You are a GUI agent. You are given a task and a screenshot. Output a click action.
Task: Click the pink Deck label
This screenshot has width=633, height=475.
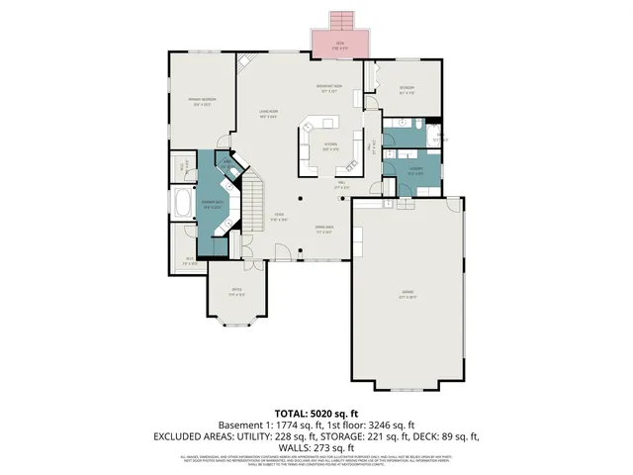click(339, 45)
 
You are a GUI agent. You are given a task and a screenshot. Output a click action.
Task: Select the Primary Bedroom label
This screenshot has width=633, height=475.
click(203, 101)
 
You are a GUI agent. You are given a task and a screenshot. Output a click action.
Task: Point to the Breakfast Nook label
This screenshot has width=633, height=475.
click(328, 90)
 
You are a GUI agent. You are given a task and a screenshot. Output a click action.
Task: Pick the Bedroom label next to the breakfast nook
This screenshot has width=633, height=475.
click(406, 90)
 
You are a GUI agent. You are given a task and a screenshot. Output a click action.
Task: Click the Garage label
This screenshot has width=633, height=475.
click(407, 294)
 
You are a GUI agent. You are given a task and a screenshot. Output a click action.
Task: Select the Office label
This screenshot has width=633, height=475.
click(234, 293)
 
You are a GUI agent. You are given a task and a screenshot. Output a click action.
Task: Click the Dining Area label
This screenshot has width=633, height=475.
click(321, 231)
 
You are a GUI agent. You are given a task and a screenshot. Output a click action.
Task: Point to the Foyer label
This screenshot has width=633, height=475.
click(280, 218)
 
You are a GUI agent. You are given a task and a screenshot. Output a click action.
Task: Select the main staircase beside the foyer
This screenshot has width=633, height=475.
click(255, 203)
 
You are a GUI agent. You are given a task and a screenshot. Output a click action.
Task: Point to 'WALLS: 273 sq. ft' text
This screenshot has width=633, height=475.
click(316, 446)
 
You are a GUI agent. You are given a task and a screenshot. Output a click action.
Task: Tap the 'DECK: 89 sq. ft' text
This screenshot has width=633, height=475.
click(445, 434)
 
